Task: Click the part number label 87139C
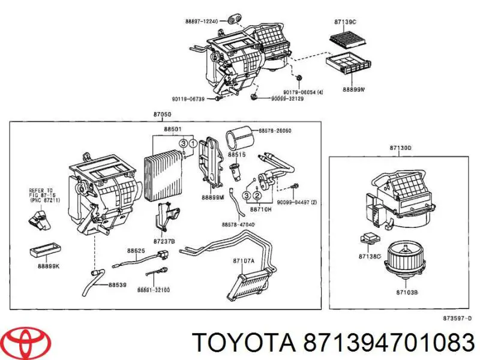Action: pyautogui.click(x=345, y=23)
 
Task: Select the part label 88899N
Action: pyautogui.click(x=354, y=89)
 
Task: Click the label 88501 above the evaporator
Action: pyautogui.click(x=173, y=128)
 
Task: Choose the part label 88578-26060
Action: pyautogui.click(x=275, y=130)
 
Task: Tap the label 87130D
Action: pyautogui.click(x=400, y=147)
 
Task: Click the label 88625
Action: pyautogui.click(x=135, y=250)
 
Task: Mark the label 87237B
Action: pyautogui.click(x=164, y=241)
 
